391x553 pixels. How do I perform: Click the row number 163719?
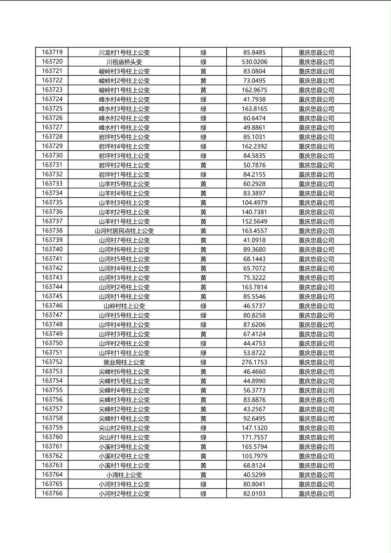point(52,52)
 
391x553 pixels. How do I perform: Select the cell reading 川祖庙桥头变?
point(124,62)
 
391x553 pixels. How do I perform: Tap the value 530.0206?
point(254,62)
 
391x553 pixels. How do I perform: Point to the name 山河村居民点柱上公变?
point(124,231)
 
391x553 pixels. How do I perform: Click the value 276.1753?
point(254,362)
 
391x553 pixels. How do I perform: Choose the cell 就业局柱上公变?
point(124,362)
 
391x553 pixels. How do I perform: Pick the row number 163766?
point(52,493)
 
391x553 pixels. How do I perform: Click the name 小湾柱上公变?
point(124,475)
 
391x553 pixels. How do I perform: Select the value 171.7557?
point(254,437)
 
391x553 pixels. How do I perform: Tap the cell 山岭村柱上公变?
point(124,306)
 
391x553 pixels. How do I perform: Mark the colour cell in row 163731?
point(203,165)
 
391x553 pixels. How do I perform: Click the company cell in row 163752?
point(316,362)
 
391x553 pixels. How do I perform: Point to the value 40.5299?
point(254,475)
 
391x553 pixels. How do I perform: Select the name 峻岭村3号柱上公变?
point(124,71)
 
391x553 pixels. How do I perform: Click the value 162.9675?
point(254,90)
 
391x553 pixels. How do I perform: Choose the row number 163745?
point(52,296)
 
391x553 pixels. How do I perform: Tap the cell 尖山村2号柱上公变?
point(124,428)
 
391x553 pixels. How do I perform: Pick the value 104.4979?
point(254,202)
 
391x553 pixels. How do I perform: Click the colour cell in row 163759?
point(203,428)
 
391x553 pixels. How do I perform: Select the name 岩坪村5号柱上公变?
point(124,137)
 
